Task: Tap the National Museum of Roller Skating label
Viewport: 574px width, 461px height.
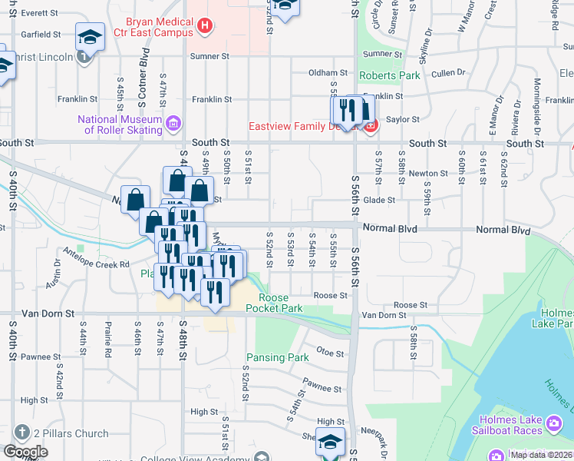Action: [120, 124]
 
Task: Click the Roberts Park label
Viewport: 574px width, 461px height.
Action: [391, 76]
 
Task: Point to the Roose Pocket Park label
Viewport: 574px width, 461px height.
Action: [274, 303]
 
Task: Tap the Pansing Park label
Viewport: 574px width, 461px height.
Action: [277, 357]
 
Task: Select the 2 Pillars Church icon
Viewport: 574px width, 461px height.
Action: [21, 433]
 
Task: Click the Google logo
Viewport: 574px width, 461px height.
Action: [25, 451]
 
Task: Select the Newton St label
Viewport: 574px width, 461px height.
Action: [423, 174]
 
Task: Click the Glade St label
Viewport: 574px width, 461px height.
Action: [379, 200]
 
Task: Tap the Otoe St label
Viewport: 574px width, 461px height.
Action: [328, 352]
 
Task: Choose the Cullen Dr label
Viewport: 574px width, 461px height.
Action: [446, 73]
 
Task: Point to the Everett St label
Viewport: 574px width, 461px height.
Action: [40, 14]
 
